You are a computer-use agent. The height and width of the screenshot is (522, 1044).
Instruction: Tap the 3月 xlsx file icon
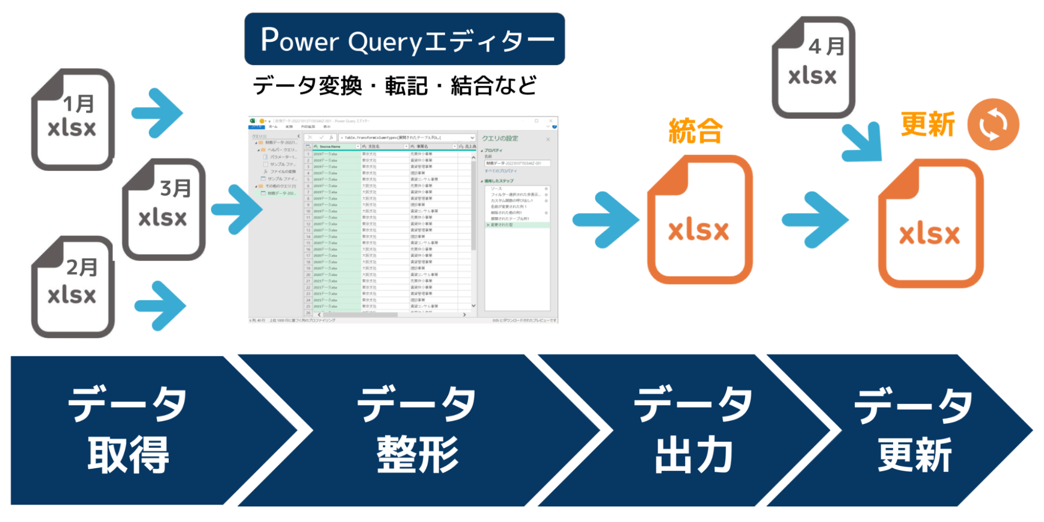[x=164, y=209]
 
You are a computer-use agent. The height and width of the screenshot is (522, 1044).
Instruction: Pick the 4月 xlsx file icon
[x=813, y=67]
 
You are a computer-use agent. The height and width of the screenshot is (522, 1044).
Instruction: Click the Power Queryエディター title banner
[x=404, y=39]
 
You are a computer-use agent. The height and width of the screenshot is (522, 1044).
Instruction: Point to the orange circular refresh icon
[x=993, y=124]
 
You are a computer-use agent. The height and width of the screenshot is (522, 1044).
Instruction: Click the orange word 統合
[x=696, y=130]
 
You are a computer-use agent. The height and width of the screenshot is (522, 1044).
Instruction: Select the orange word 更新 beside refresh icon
[x=928, y=124]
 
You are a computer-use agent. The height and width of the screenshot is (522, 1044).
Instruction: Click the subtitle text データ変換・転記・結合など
[x=395, y=86]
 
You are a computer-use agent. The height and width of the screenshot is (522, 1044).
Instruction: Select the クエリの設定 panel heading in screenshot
[x=500, y=138]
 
